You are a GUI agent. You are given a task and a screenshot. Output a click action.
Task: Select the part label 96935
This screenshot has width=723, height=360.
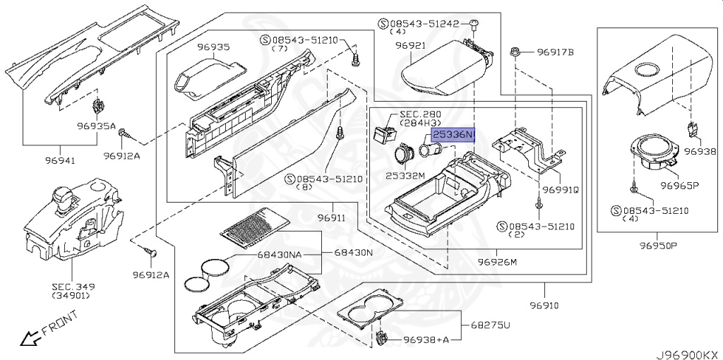pyautogui.click(x=213, y=47)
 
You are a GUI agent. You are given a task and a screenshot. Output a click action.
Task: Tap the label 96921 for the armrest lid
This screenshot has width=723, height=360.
pyautogui.click(x=411, y=45)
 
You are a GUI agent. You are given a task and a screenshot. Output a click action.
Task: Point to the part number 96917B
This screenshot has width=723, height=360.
pyautogui.click(x=555, y=52)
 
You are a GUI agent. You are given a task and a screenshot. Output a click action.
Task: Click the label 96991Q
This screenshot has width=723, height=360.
pyautogui.click(x=561, y=190)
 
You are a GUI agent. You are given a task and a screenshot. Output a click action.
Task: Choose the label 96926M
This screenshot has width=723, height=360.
pyautogui.click(x=497, y=262)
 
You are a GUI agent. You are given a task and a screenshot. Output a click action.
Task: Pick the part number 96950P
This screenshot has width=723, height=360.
pyautogui.click(x=658, y=246)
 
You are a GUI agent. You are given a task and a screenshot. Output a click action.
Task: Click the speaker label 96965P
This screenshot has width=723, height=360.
pyautogui.click(x=680, y=186)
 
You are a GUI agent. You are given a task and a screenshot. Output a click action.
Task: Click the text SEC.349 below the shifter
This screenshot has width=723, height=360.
pyautogui.click(x=73, y=287)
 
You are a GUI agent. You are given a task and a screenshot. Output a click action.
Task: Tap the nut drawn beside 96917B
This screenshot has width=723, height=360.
pyautogui.click(x=515, y=52)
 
